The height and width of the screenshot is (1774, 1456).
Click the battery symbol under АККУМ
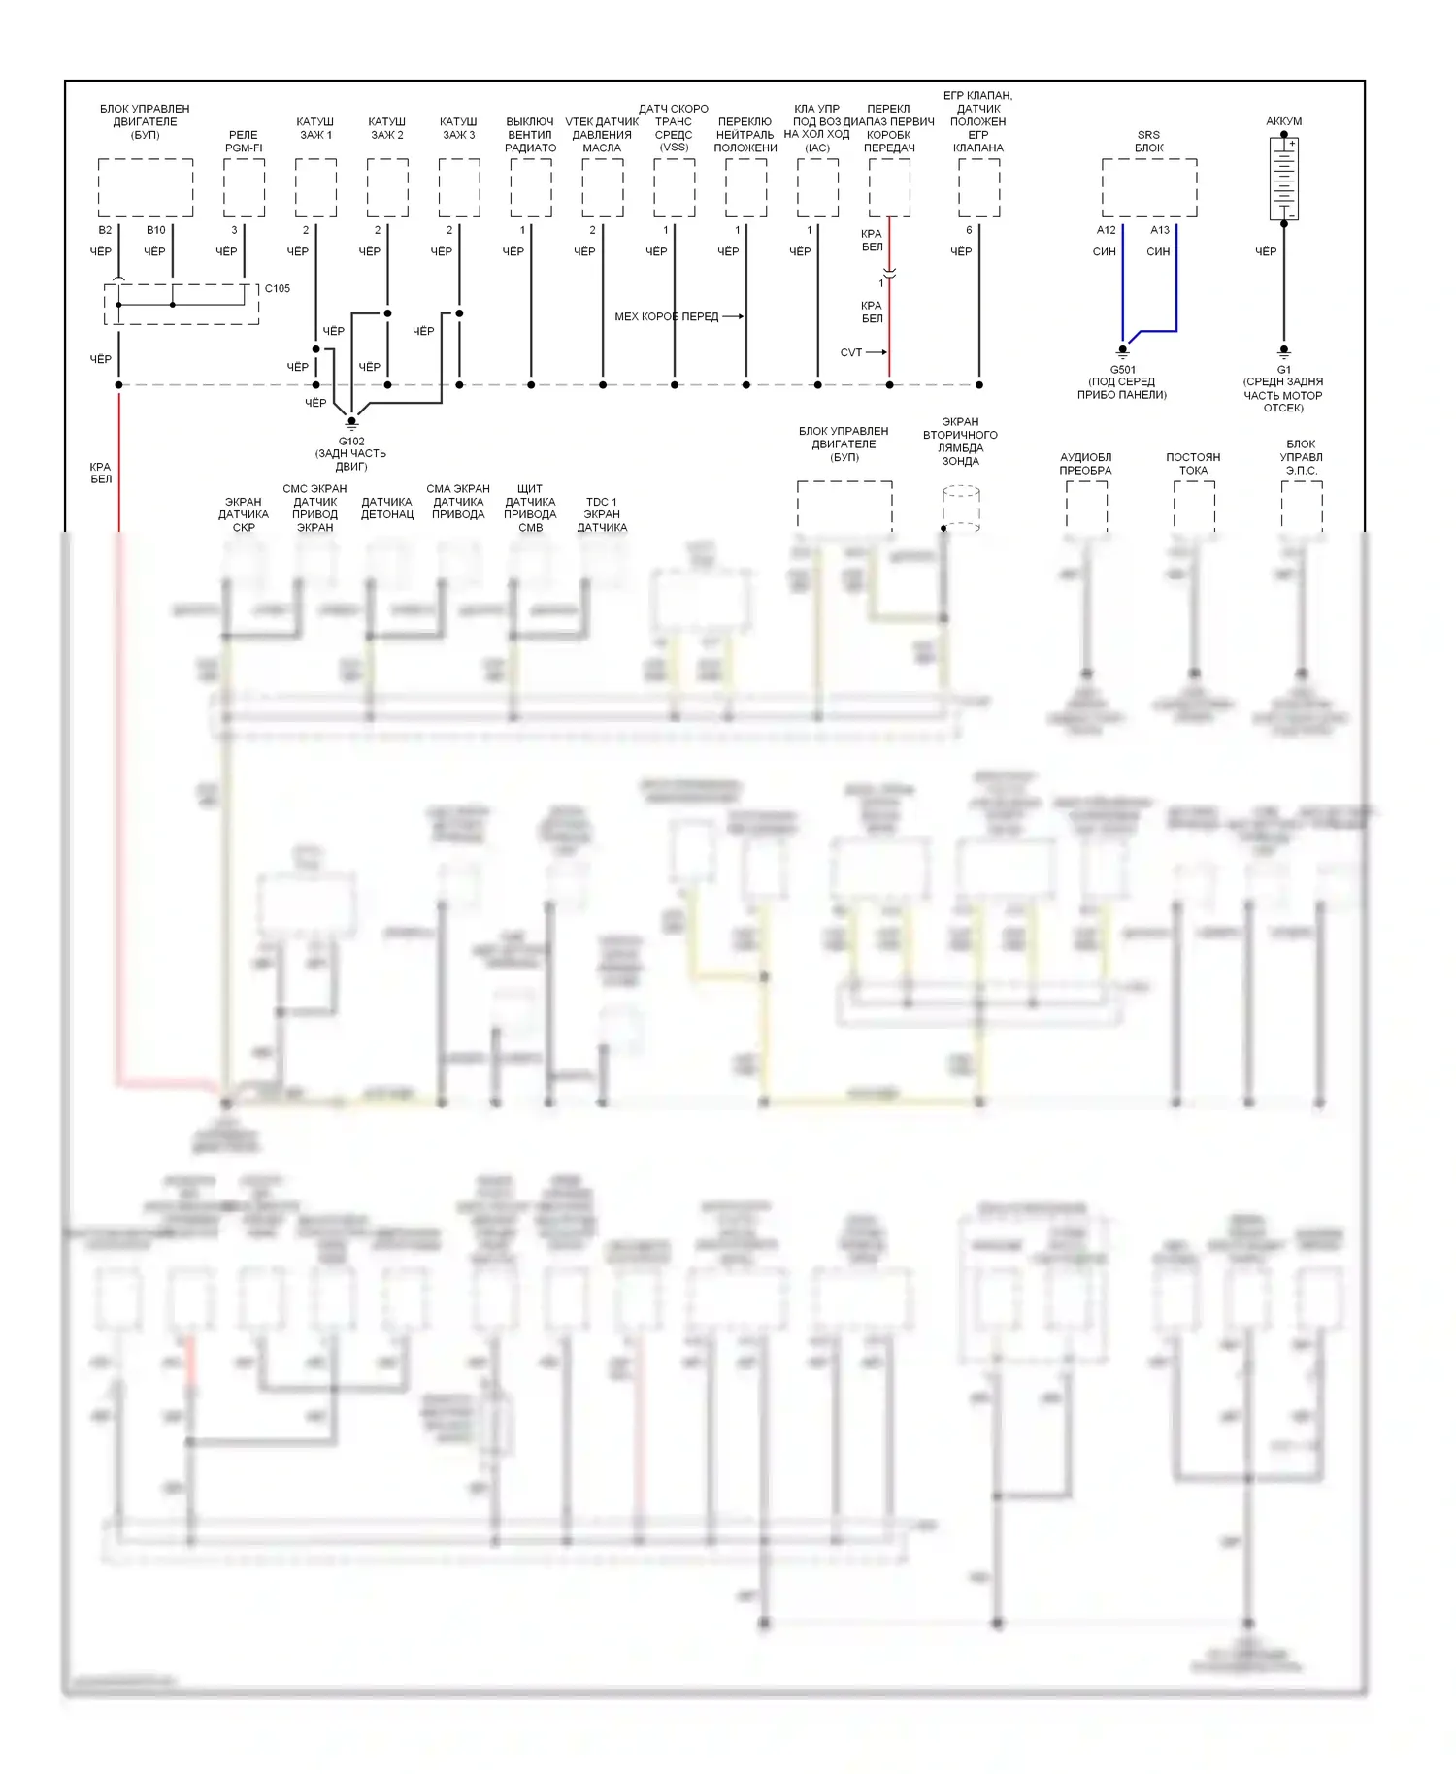click(x=1283, y=179)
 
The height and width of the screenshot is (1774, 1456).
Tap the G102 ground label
click(x=351, y=442)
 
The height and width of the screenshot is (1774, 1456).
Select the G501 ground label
click(x=1122, y=370)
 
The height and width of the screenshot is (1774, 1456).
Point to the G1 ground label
click(x=1283, y=370)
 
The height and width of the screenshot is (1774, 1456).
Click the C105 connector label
click(x=278, y=288)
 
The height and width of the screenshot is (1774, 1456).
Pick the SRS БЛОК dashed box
click(x=1148, y=188)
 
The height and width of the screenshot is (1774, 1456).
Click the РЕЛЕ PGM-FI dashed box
click(x=244, y=188)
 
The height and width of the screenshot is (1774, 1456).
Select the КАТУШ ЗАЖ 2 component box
click(x=387, y=188)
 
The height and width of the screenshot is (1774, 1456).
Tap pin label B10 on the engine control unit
click(x=156, y=230)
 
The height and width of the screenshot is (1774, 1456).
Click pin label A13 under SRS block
click(x=1160, y=230)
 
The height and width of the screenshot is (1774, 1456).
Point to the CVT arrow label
click(x=851, y=352)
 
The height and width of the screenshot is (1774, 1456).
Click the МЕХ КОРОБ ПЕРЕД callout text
click(x=666, y=316)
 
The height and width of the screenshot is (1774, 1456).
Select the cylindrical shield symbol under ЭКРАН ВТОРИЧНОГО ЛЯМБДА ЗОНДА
click(x=961, y=509)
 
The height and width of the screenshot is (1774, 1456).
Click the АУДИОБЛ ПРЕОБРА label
click(x=1085, y=464)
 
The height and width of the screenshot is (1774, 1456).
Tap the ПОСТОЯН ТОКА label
click(x=1193, y=464)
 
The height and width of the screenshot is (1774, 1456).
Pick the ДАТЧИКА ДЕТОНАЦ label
click(x=387, y=509)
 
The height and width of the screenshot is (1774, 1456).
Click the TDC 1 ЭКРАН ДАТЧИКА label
click(x=602, y=514)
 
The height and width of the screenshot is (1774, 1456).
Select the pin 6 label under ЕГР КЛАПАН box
click(x=969, y=230)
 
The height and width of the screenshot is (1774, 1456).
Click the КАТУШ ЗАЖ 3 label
click(x=458, y=128)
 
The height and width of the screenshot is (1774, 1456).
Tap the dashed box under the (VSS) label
click(x=674, y=188)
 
